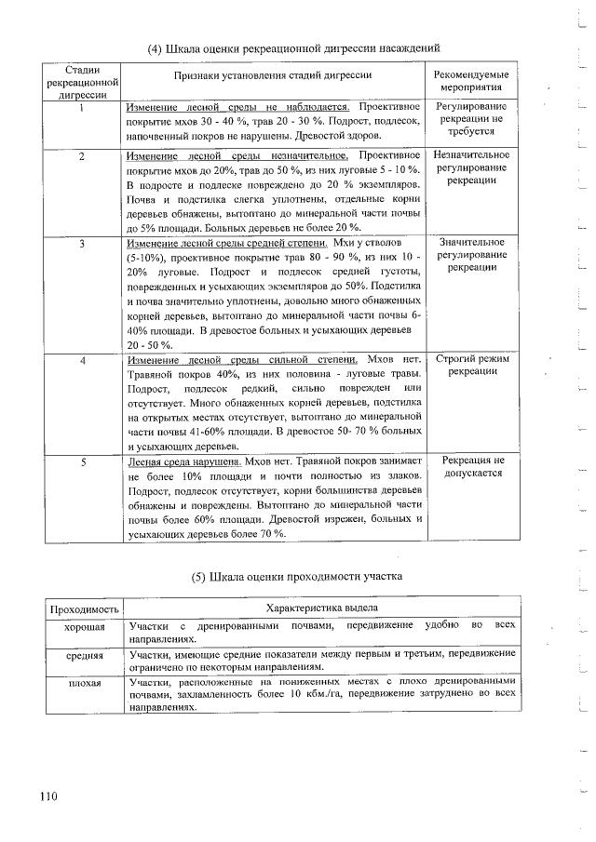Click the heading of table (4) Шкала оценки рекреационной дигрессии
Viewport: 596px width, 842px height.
(293, 47)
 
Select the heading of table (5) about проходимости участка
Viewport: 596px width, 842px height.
(297, 577)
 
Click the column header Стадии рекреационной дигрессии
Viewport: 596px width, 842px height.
(82, 81)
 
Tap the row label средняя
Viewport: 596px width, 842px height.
(85, 656)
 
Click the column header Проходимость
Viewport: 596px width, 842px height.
(85, 608)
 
